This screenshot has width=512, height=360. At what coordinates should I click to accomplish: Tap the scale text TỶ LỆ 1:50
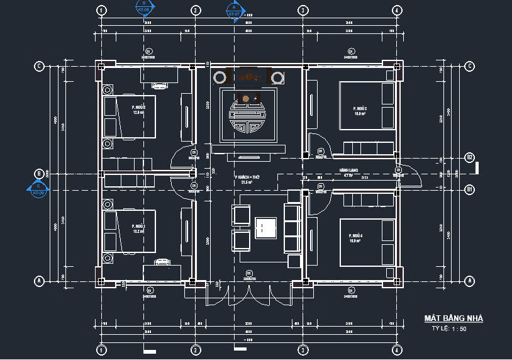click(449, 329)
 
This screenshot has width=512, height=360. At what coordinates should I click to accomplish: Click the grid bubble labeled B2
click(469, 157)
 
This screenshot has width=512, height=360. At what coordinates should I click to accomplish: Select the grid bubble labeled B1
click(469, 188)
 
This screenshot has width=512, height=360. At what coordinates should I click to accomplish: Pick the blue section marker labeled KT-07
click(234, 10)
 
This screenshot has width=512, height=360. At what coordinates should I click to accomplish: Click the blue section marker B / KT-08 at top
click(143, 8)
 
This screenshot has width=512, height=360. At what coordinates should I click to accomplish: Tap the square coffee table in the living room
click(266, 227)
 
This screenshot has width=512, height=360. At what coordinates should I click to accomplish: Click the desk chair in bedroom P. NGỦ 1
click(162, 260)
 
